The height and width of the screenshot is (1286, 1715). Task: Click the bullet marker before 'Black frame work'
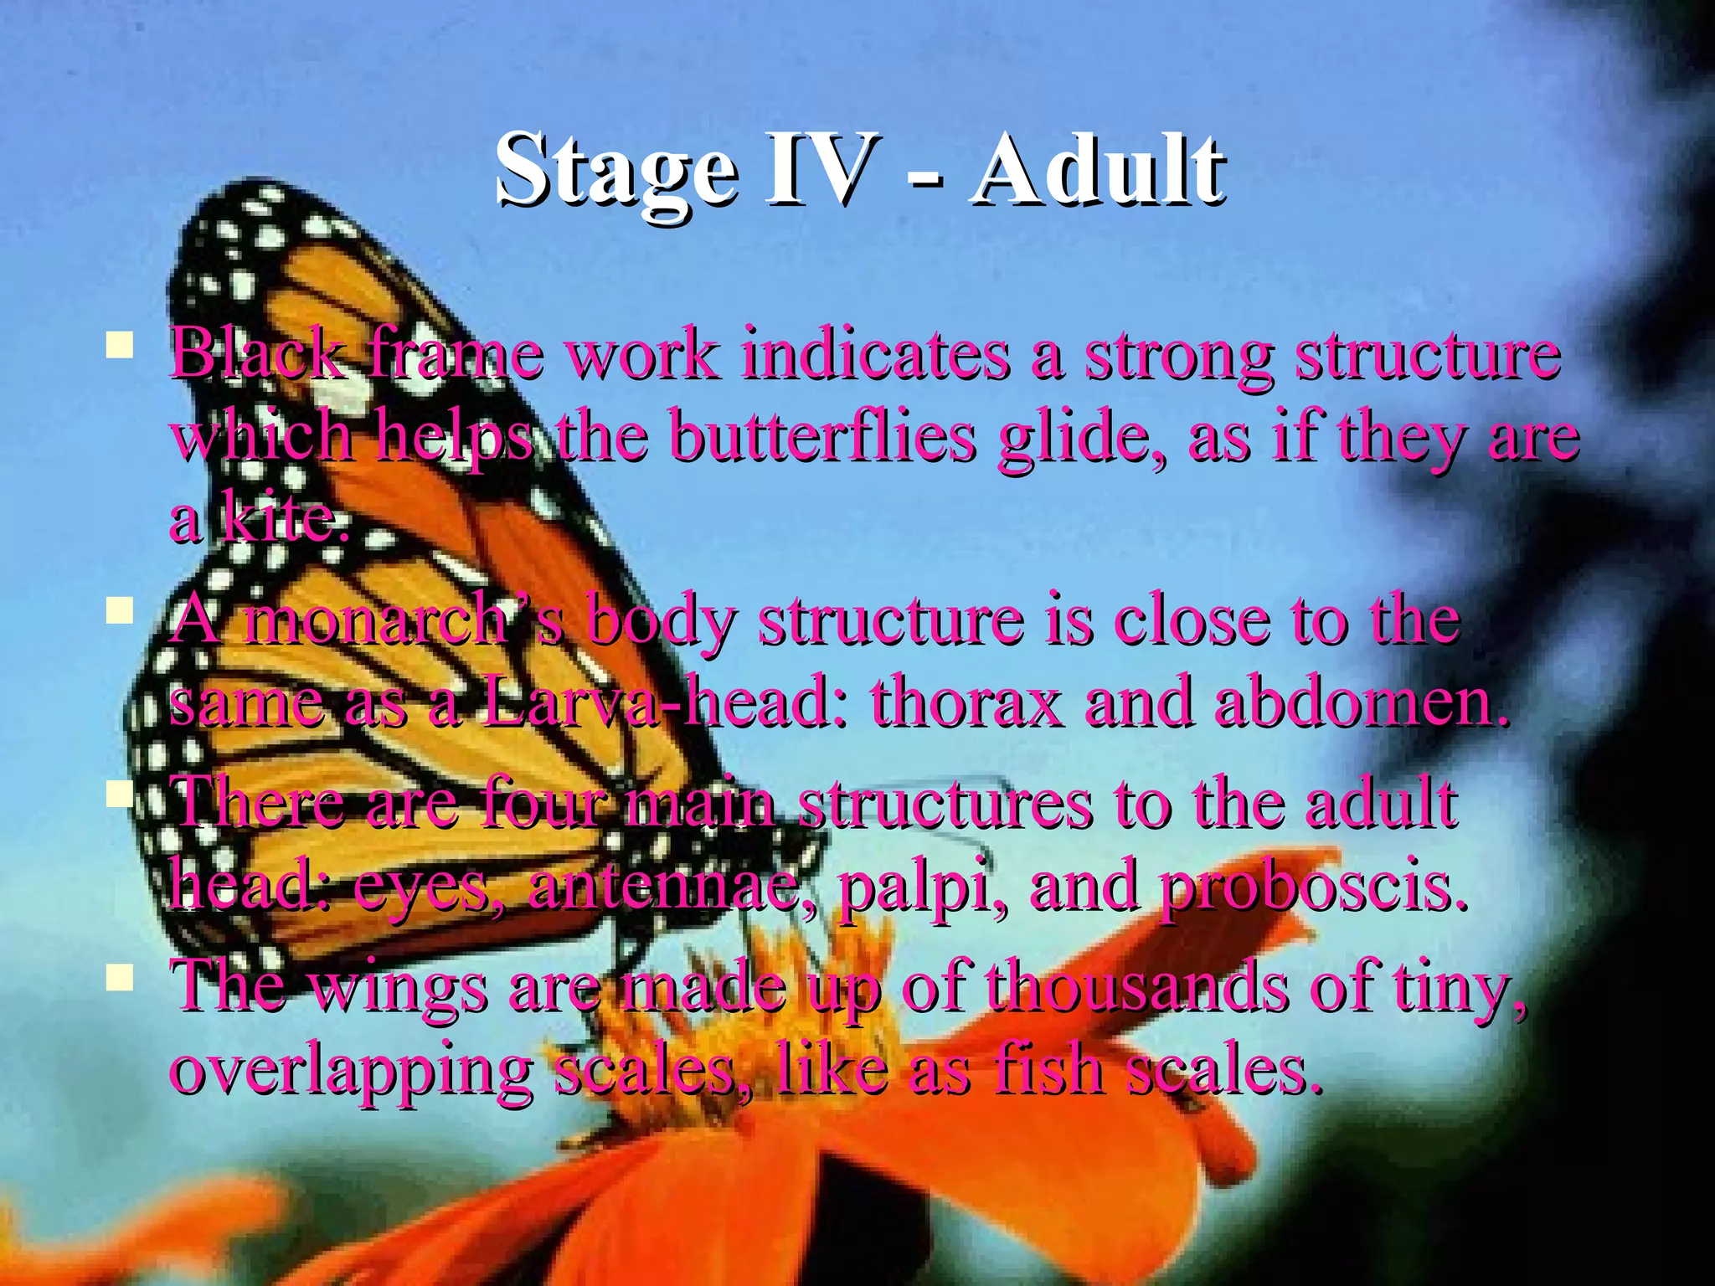(x=120, y=344)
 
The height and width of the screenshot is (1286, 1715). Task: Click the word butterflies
(x=824, y=437)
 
